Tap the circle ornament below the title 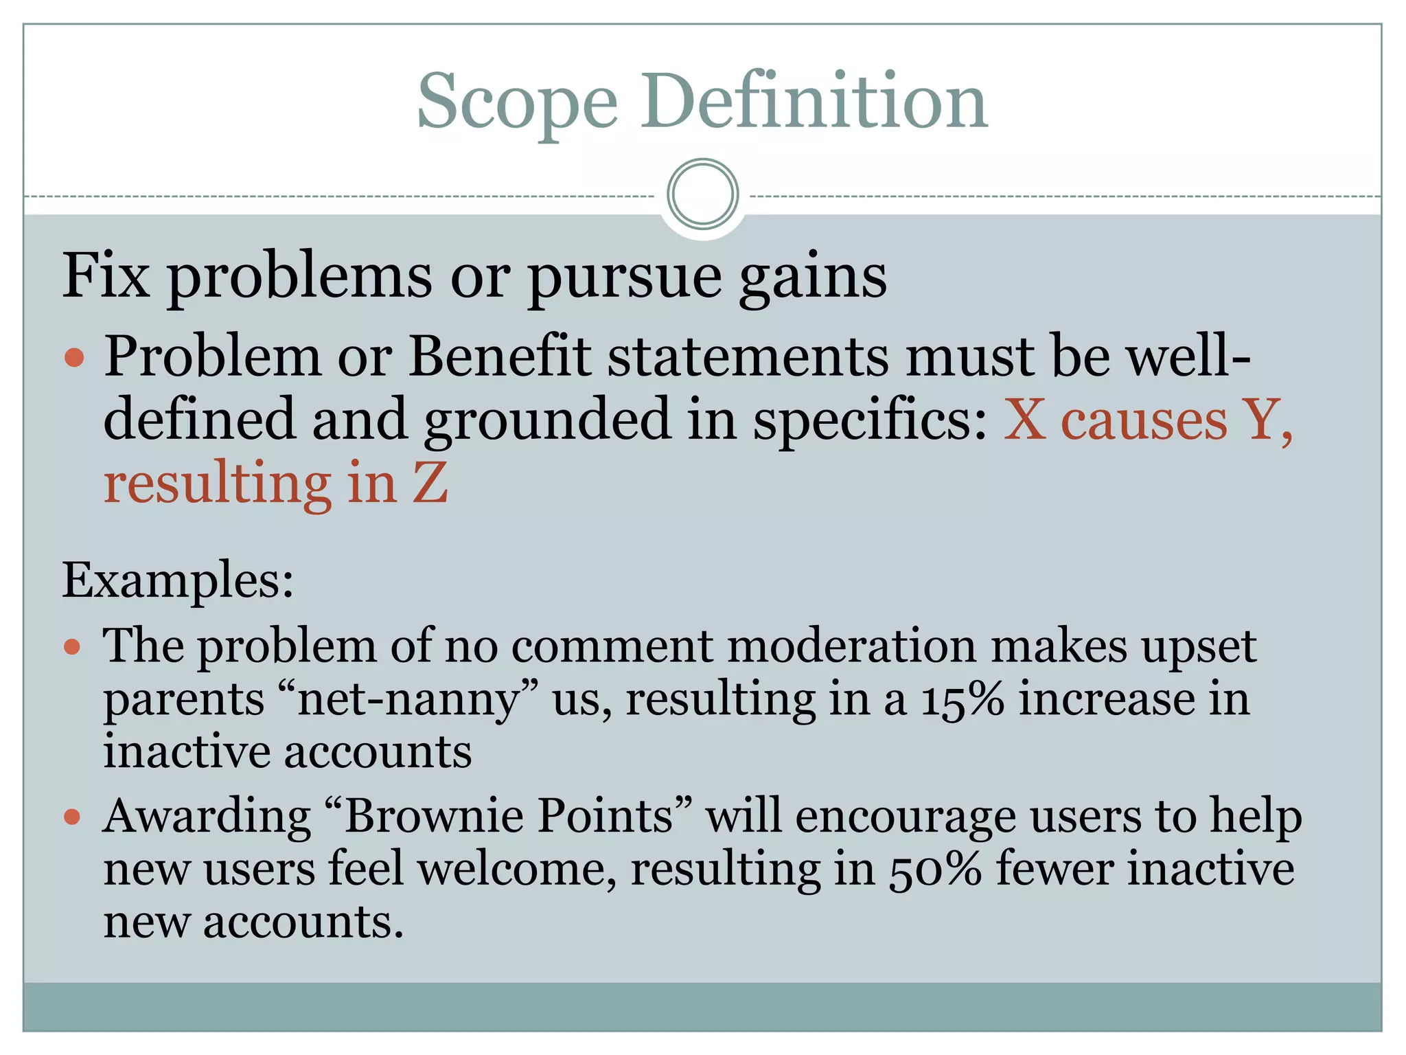point(702,194)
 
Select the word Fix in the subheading point(106,276)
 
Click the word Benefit point(500,357)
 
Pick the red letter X point(1025,420)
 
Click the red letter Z point(430,484)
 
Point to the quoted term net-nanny point(409,700)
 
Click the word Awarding point(207,817)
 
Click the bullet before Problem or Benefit point(73,358)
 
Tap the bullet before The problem point(73,647)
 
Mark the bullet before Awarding point(73,817)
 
